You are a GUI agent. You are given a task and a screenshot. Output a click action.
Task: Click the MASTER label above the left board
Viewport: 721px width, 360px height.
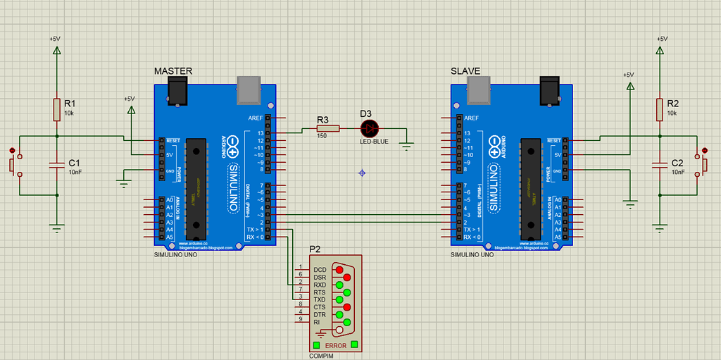(173, 71)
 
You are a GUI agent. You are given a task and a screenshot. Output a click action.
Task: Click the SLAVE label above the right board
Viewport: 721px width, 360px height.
(465, 71)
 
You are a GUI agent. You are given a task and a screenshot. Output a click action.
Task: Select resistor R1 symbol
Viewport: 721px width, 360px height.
(57, 109)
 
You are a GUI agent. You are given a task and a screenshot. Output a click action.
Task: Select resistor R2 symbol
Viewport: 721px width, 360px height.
(660, 109)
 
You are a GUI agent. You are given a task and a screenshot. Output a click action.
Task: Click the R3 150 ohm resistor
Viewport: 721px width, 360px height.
(327, 128)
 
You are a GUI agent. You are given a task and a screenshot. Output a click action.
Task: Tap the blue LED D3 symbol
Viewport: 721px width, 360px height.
(369, 128)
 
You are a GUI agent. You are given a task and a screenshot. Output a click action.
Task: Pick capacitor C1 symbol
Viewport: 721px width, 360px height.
(57, 166)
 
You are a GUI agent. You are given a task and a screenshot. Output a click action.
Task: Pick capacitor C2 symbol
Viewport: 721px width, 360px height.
(660, 166)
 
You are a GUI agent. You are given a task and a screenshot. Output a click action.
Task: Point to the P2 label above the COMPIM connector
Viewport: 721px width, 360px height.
(315, 249)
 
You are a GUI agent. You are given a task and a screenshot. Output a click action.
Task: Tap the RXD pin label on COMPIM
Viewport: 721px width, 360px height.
(320, 285)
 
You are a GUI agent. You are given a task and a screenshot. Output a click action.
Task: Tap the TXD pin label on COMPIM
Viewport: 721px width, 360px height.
(320, 299)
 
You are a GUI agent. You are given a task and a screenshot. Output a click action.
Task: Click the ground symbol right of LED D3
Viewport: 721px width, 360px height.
(406, 146)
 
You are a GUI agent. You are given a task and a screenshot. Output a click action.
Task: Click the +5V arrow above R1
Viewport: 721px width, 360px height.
(57, 51)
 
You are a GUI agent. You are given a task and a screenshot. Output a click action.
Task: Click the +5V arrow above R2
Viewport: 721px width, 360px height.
(660, 51)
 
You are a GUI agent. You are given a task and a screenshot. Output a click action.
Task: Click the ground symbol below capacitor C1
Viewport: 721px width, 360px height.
(57, 227)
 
